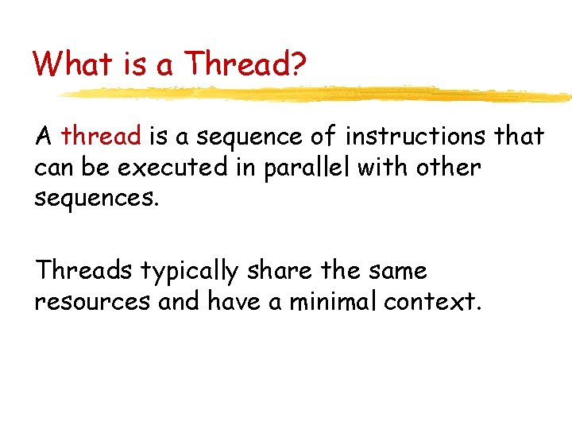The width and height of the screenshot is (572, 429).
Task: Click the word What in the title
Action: [68, 64]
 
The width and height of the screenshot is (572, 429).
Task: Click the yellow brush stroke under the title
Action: [318, 95]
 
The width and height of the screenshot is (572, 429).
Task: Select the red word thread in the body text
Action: [101, 137]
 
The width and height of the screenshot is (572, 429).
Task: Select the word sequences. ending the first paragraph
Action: [98, 199]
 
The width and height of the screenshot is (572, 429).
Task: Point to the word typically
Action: [189, 272]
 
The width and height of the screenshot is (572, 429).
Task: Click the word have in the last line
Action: [232, 303]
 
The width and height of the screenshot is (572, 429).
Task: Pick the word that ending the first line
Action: [518, 137]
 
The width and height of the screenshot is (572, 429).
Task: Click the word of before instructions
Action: [323, 137]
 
